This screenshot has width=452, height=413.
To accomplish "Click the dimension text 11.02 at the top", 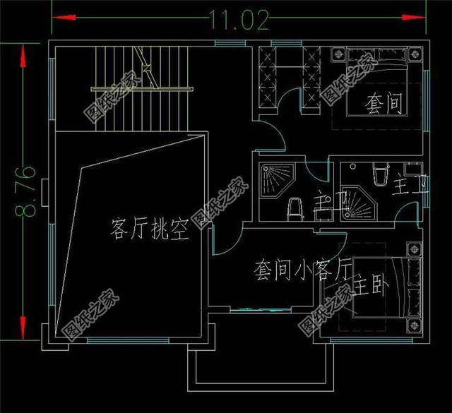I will [239, 21].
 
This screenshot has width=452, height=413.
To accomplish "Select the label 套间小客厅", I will [302, 269].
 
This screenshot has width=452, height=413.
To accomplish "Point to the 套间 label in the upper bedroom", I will [383, 105].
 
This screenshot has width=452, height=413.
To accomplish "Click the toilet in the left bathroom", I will [296, 208].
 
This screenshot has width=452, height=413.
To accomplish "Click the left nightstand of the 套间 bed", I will [337, 55].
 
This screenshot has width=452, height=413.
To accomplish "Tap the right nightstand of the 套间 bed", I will [417, 55].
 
